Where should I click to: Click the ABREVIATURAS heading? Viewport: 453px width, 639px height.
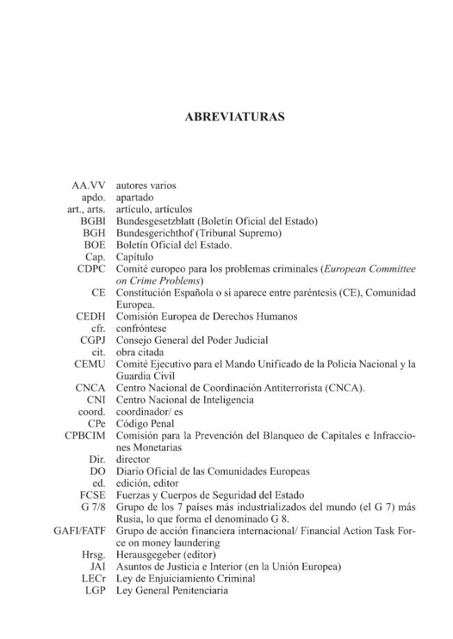[x=234, y=117]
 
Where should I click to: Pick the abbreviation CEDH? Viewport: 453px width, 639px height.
[x=91, y=317]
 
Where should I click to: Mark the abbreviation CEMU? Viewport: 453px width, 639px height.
[x=90, y=364]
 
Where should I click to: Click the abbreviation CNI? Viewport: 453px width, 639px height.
[x=96, y=400]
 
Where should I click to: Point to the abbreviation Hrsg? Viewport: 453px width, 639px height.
[x=93, y=555]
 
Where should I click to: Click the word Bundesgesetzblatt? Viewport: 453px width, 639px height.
[x=155, y=221]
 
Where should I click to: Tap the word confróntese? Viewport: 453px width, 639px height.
[x=141, y=329]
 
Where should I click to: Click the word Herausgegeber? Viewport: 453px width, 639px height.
[x=148, y=555]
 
